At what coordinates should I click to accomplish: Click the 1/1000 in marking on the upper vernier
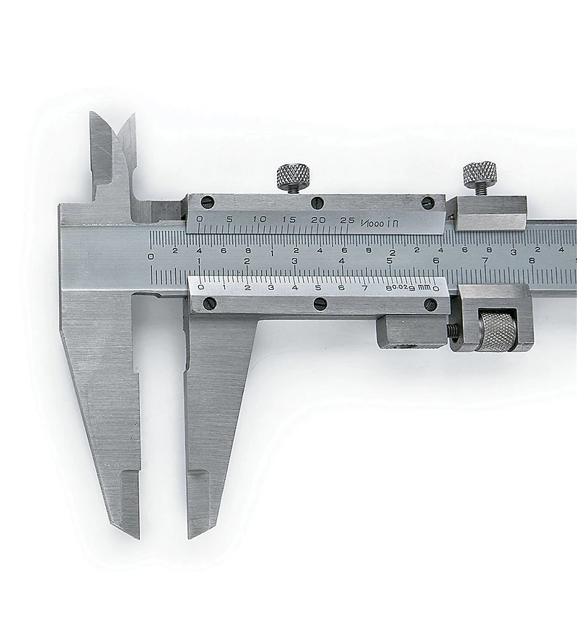(x=379, y=223)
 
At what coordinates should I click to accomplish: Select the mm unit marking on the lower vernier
(x=426, y=287)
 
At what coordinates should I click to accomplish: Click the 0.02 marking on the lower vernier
(x=400, y=287)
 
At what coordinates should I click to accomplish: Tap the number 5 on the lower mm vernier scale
(x=318, y=288)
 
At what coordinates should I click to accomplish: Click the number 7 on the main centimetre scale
(x=485, y=260)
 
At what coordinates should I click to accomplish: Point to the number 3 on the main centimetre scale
(x=295, y=261)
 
